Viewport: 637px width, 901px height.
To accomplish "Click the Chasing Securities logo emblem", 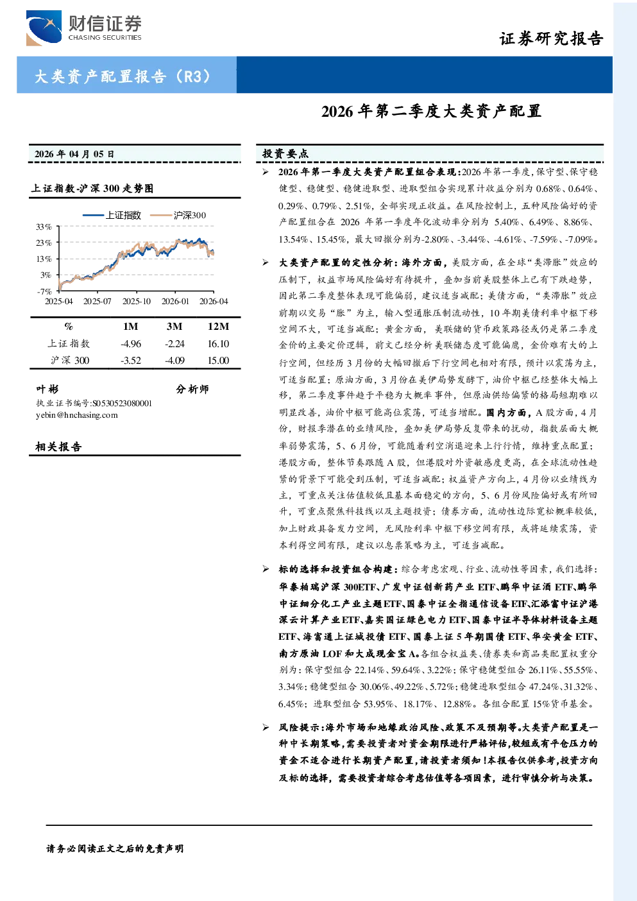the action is (x=44, y=28).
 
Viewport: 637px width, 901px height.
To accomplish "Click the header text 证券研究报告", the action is (x=551, y=39).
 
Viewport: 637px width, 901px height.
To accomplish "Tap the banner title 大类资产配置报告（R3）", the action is (x=123, y=76).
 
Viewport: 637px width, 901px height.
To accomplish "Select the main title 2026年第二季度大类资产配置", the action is (x=431, y=111).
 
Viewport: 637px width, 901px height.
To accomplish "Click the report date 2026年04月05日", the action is (x=74, y=154).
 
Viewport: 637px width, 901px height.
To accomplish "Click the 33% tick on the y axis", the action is (x=44, y=227).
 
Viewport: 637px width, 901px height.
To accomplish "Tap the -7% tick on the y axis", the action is (x=44, y=291).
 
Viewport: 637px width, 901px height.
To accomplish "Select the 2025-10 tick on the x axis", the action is (x=137, y=301).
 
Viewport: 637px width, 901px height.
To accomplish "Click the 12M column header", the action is (x=218, y=326).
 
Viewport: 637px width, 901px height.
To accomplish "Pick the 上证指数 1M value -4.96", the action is (x=131, y=344).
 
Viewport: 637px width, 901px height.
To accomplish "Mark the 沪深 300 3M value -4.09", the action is (x=174, y=361).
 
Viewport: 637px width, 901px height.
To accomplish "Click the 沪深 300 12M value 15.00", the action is (x=218, y=361).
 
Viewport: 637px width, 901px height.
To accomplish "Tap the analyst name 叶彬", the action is (x=47, y=389).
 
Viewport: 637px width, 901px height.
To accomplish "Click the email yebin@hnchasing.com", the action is (x=76, y=415).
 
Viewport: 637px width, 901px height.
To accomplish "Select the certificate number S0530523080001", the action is (x=123, y=404).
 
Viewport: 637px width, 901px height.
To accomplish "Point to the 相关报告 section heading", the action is (x=58, y=447).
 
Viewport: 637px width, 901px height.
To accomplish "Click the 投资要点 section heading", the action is (x=285, y=153).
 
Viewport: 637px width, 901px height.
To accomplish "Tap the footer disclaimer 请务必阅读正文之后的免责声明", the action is (x=115, y=848).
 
